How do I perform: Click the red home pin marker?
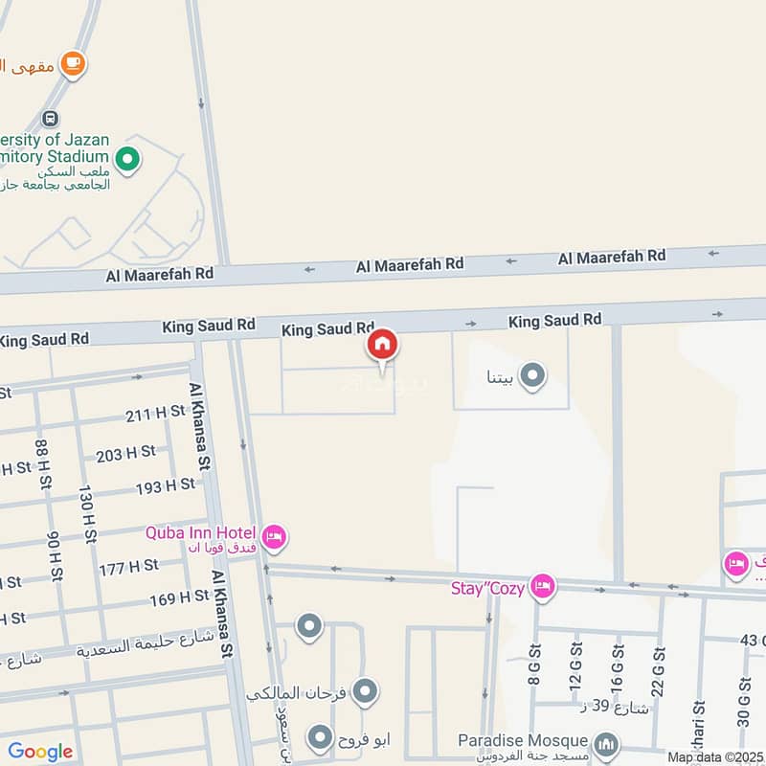tap(382, 345)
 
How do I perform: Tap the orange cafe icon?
tap(72, 64)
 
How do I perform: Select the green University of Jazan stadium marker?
tap(126, 159)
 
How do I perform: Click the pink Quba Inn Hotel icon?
tap(273, 538)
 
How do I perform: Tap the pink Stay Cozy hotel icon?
tap(543, 587)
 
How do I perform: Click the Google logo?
tap(40, 752)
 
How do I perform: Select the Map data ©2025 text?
tap(714, 757)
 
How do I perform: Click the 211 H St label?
tap(155, 414)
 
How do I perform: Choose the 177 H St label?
tap(129, 566)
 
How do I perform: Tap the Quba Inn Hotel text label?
tap(200, 532)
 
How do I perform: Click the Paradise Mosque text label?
tap(522, 740)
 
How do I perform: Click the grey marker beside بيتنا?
tap(531, 375)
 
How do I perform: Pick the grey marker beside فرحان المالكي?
tap(365, 690)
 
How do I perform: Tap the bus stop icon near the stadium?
tap(47, 121)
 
